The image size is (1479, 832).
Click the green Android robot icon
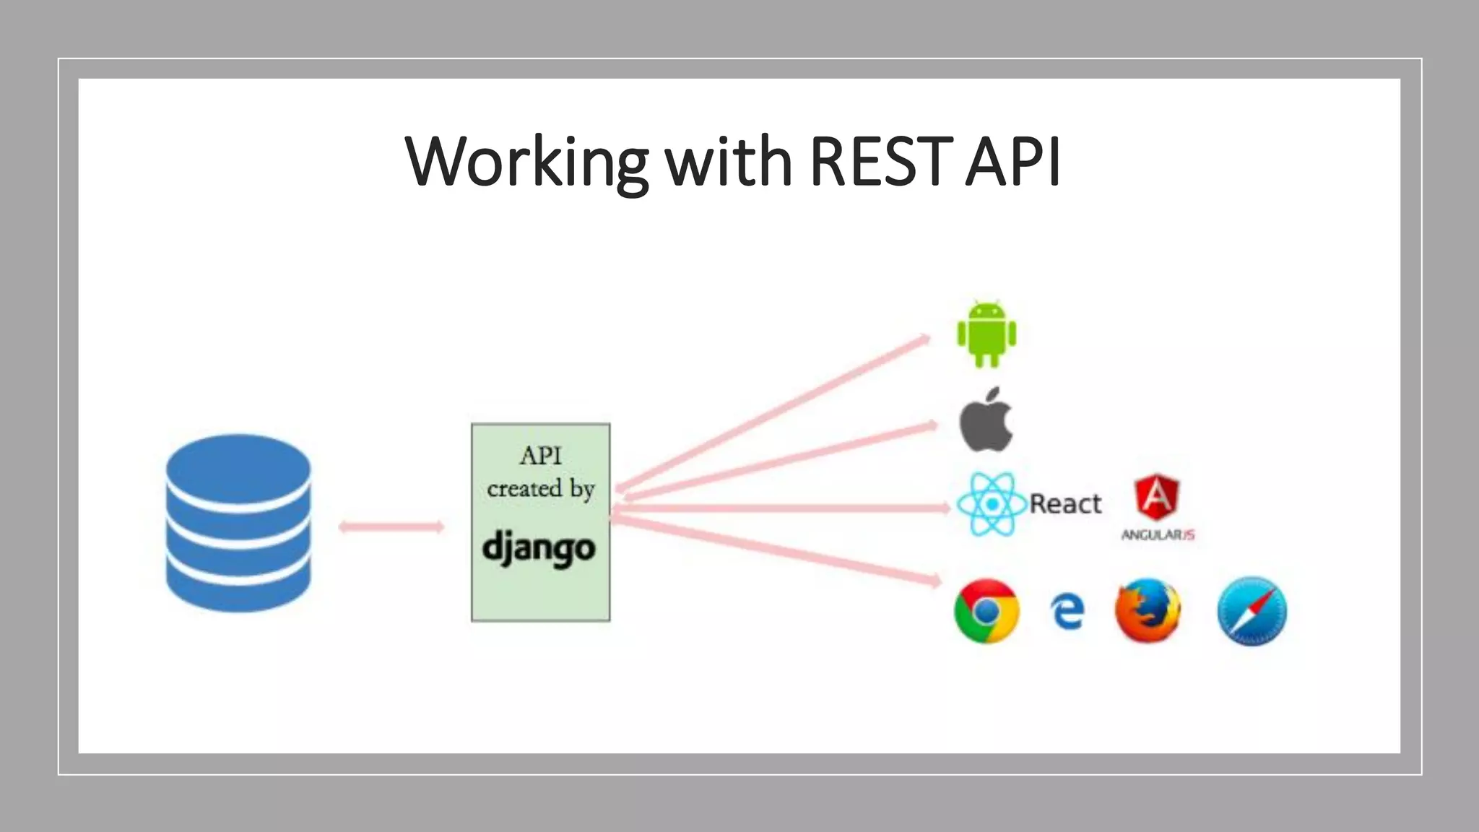[x=986, y=334]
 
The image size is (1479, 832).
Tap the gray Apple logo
[x=986, y=421]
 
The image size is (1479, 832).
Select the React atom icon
[x=992, y=504]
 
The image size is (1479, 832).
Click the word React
[x=1065, y=503]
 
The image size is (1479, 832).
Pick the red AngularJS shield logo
[x=1157, y=497]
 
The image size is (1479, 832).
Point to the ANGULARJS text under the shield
[x=1158, y=535]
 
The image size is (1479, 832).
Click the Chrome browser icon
[x=986, y=611]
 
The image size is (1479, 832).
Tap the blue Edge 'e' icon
[x=1067, y=612]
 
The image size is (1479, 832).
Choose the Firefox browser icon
[x=1148, y=611]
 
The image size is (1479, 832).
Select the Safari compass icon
[x=1252, y=611]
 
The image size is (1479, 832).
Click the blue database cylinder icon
[x=238, y=523]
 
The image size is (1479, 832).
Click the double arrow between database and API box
[x=391, y=526]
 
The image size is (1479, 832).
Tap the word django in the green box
[x=539, y=548]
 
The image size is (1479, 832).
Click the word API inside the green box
[x=540, y=456]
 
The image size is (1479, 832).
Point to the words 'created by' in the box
[x=540, y=489]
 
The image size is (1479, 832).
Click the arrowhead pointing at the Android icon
[x=924, y=338]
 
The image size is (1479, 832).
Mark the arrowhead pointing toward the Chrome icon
[x=935, y=579]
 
